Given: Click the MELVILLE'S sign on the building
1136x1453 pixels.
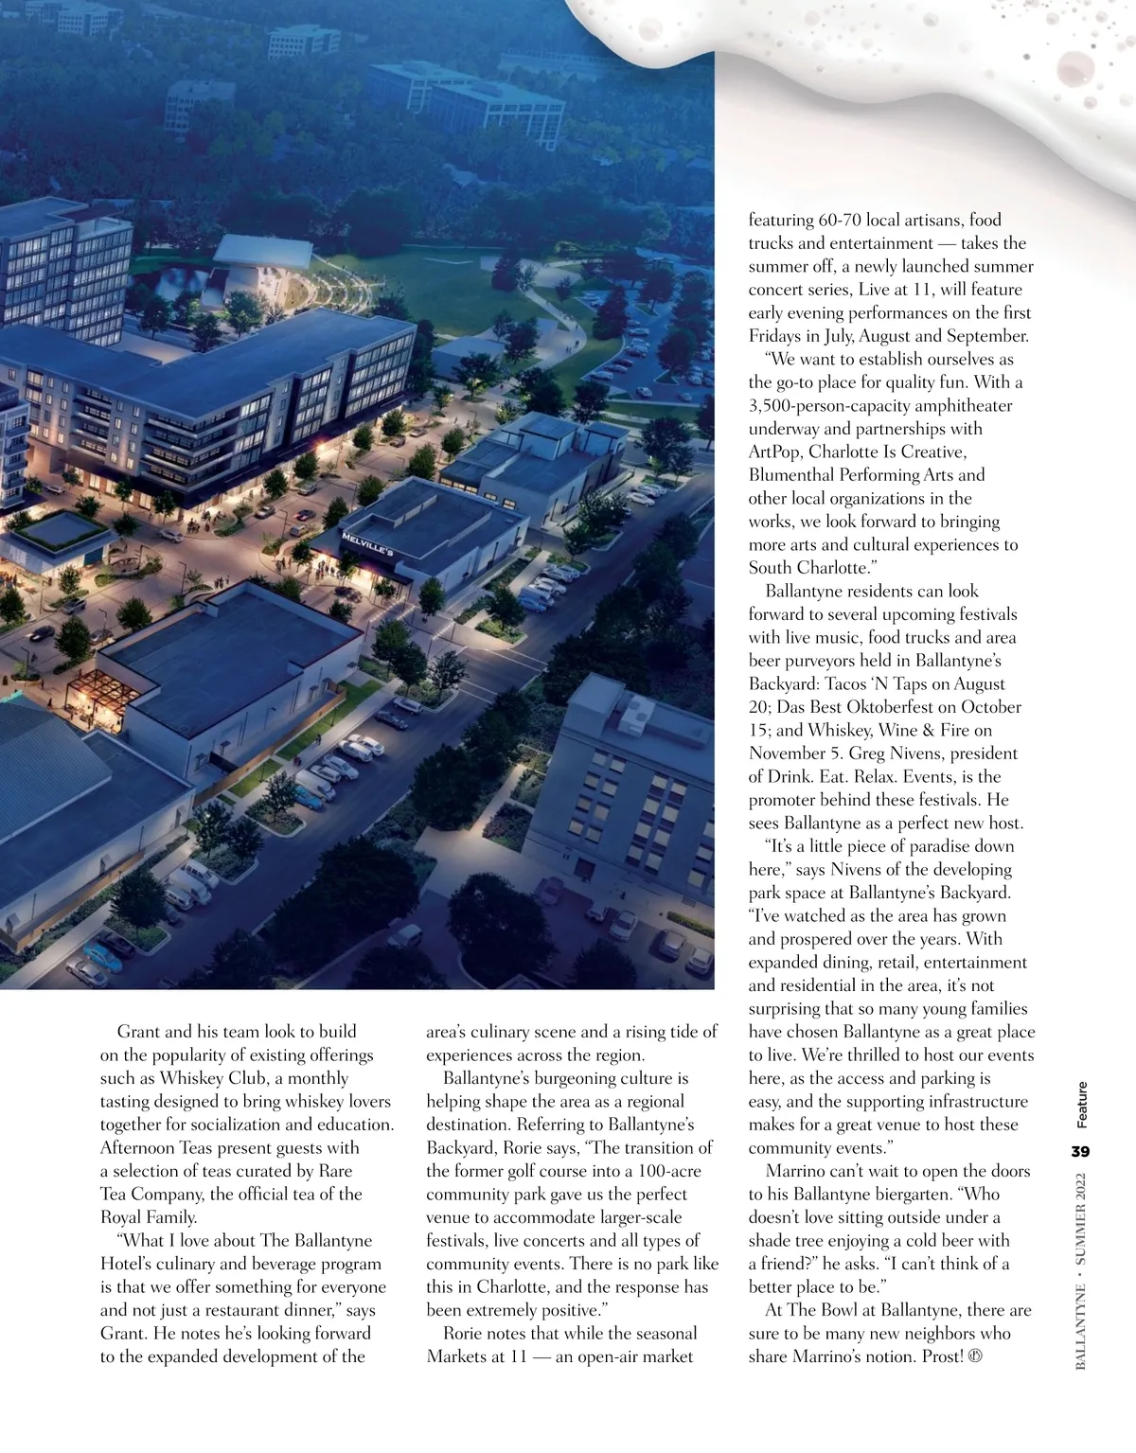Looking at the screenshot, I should click(x=366, y=543).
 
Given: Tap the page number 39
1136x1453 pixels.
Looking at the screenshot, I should click(x=1080, y=1152).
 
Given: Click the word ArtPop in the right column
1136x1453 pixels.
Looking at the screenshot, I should click(x=774, y=452).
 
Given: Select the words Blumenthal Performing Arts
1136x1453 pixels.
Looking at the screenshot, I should click(x=866, y=475).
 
